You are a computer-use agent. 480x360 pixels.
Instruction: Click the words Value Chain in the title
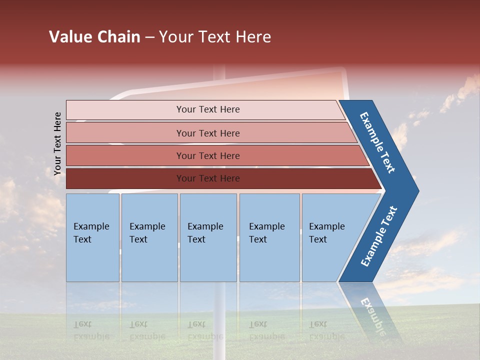[x=94, y=37]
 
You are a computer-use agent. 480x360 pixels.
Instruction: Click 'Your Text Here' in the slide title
[x=214, y=37]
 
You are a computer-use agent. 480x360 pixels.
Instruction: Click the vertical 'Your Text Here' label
[x=57, y=143]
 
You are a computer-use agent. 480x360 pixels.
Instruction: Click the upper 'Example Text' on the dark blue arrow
[x=377, y=142]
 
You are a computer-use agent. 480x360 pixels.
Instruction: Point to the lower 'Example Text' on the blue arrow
[x=379, y=236]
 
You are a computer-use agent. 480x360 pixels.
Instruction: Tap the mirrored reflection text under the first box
[x=91, y=330]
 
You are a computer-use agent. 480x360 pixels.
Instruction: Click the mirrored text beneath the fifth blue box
[x=326, y=330]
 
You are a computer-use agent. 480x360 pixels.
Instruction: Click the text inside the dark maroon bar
[x=208, y=178]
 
